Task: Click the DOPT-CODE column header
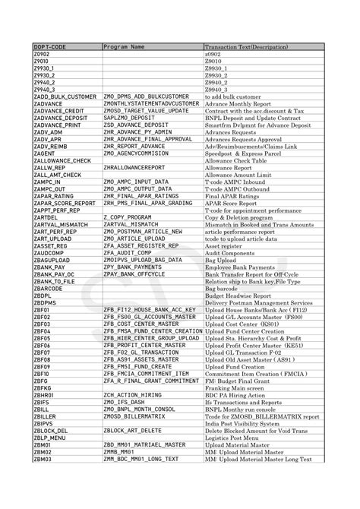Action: point(49,47)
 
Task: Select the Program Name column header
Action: point(124,47)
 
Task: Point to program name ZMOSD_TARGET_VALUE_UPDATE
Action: point(145,111)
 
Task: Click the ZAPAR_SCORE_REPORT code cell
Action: point(65,204)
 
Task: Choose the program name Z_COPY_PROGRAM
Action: point(125,217)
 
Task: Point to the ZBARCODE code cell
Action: point(48,289)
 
